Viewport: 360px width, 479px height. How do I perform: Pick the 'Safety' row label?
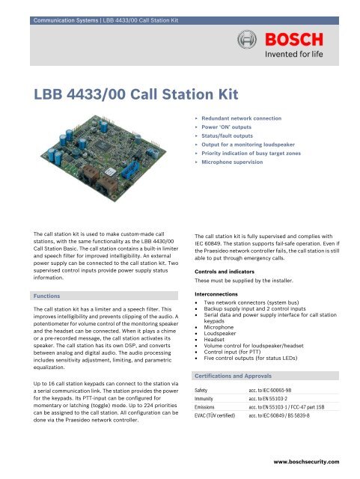pos(201,370)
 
